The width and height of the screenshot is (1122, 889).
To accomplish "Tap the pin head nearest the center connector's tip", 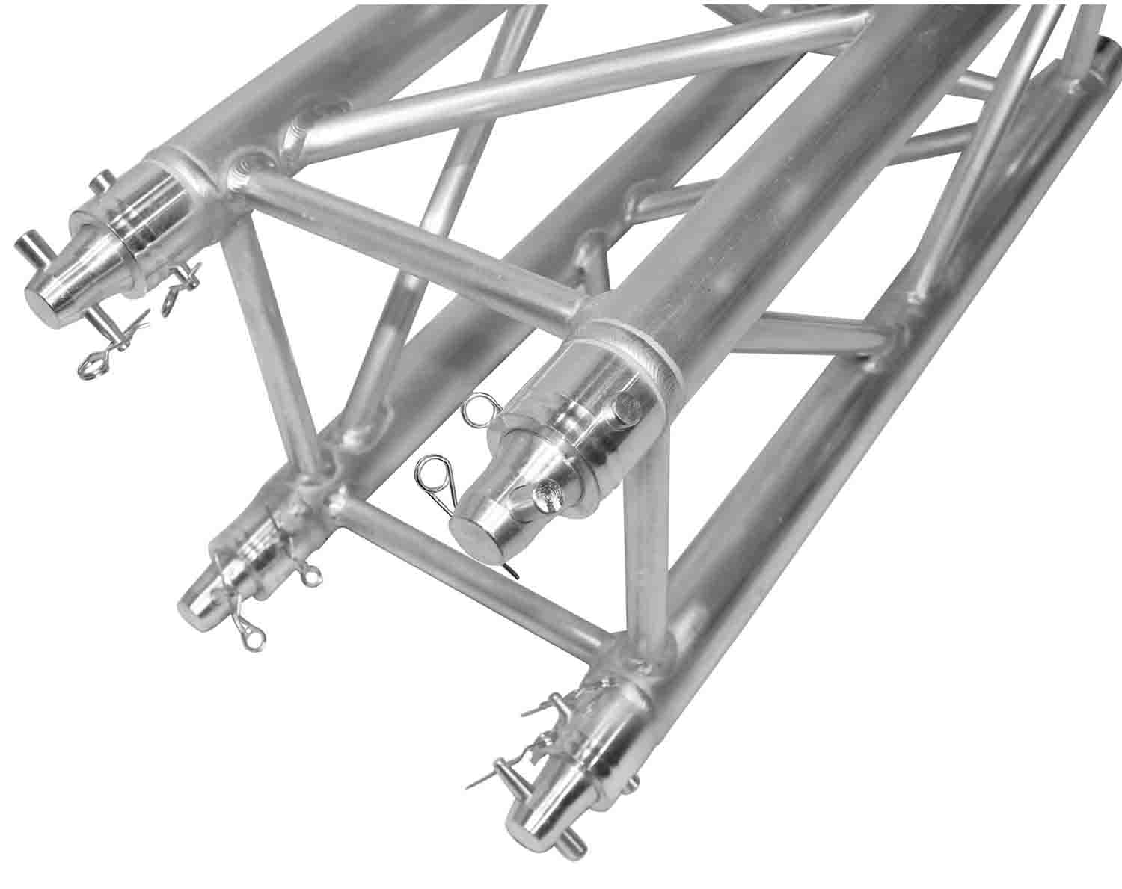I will click(544, 493).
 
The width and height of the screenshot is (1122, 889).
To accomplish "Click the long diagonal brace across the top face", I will click(568, 75).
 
